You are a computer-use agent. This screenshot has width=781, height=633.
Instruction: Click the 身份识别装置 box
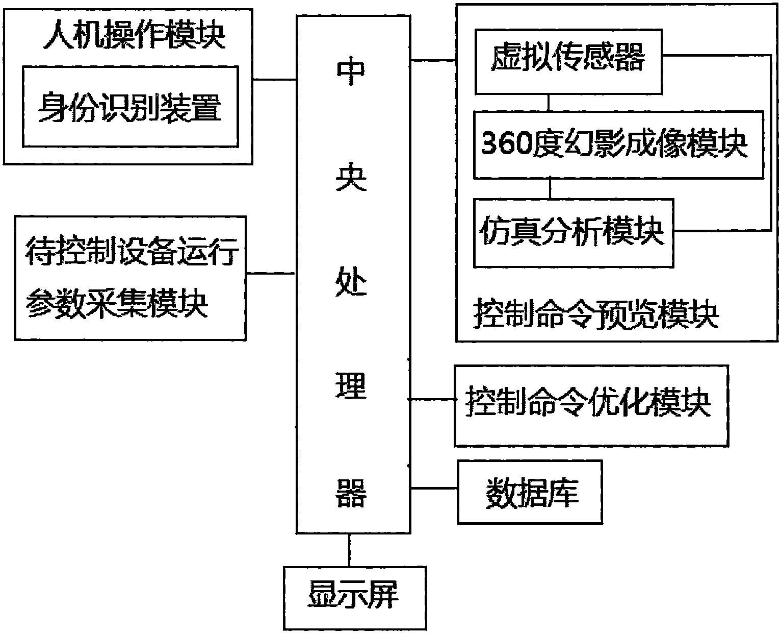pyautogui.click(x=130, y=106)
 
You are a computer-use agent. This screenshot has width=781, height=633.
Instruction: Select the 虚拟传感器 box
pyautogui.click(x=568, y=60)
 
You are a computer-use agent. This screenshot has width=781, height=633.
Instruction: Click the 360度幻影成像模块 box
pyautogui.click(x=618, y=144)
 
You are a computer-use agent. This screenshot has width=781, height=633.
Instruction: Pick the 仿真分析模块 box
pyautogui.click(x=573, y=233)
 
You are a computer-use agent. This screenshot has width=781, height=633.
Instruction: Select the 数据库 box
pyautogui.click(x=530, y=492)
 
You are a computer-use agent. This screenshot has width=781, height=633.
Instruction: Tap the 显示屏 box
pyautogui.click(x=355, y=598)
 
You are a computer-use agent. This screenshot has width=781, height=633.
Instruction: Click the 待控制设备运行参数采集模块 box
pyautogui.click(x=130, y=278)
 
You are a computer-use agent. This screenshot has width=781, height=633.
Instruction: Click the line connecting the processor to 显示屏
pyautogui.click(x=349, y=550)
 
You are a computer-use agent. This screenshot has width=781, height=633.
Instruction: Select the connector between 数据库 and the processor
pyautogui.click(x=434, y=489)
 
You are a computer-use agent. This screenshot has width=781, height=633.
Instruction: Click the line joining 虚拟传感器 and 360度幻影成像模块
pyautogui.click(x=549, y=102)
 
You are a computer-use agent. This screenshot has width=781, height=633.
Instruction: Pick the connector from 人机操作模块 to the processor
pyautogui.click(x=274, y=79)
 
